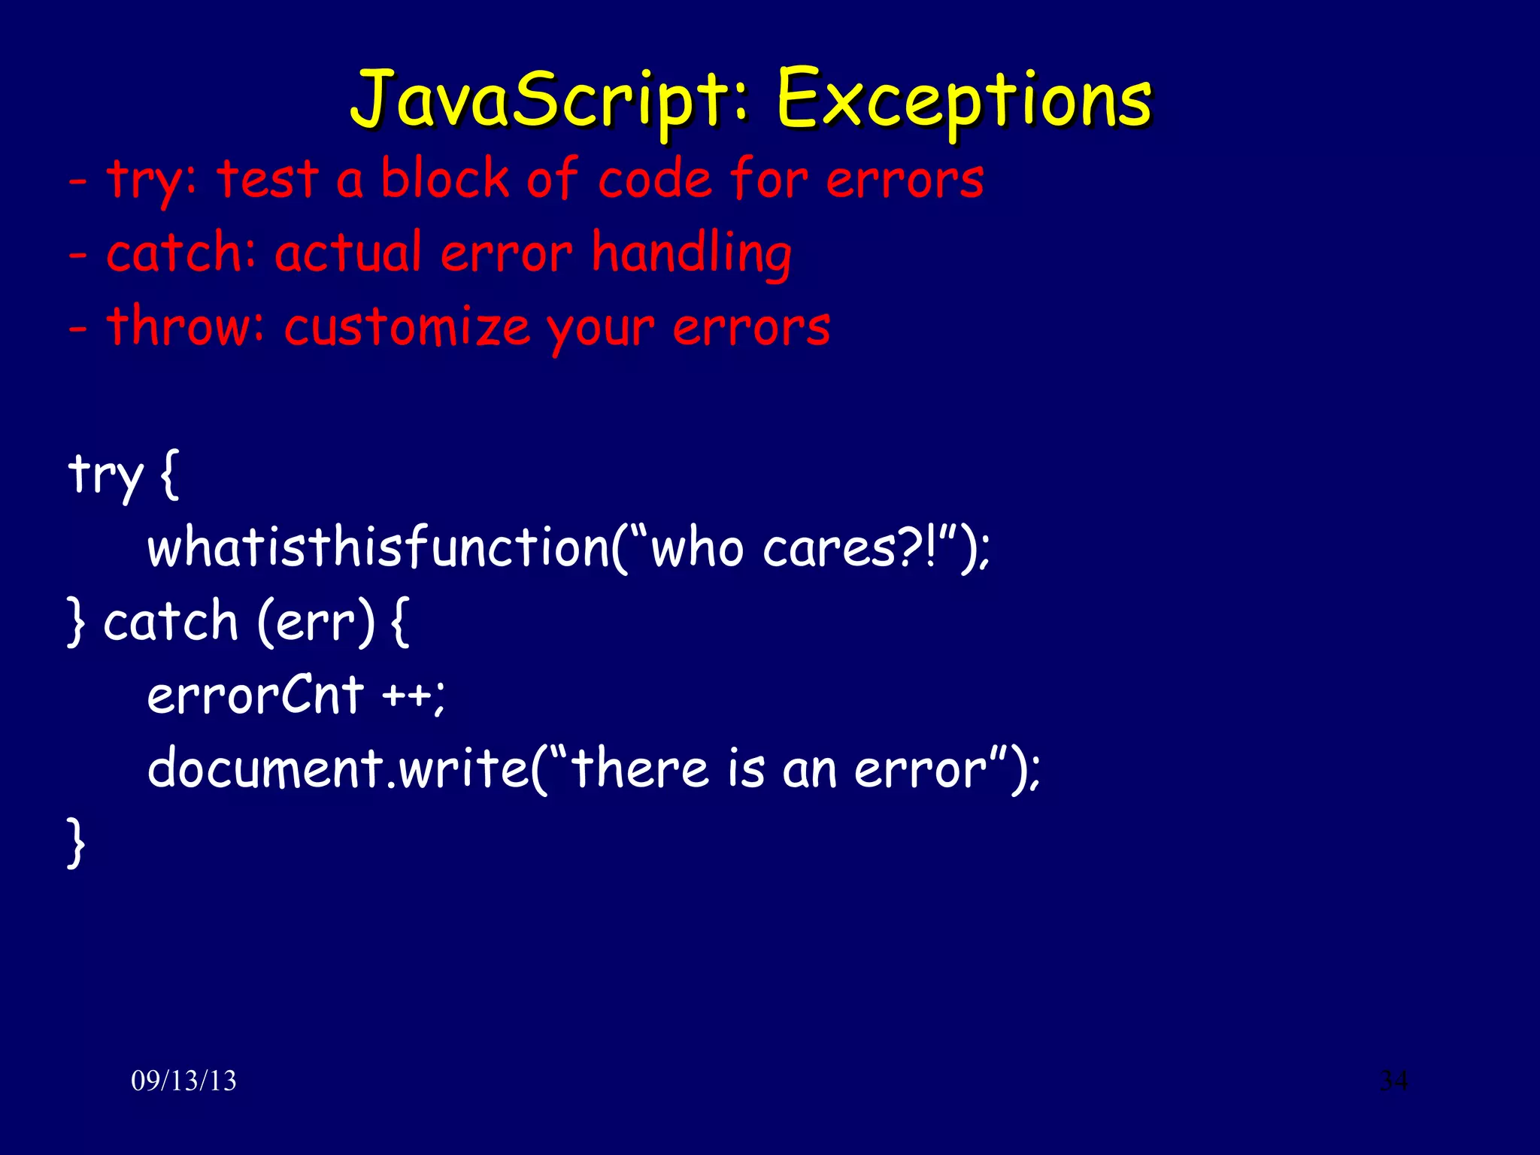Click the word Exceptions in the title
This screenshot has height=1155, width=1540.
pyautogui.click(x=964, y=99)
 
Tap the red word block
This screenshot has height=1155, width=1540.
pyautogui.click(x=444, y=179)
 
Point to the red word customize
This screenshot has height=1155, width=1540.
pyautogui.click(x=407, y=328)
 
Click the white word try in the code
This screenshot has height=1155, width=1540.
pyautogui.click(x=105, y=474)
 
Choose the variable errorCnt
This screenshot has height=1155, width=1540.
pyautogui.click(x=256, y=695)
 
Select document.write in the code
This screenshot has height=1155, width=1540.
pyautogui.click(x=338, y=768)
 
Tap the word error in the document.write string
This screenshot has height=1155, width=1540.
pyautogui.click(x=920, y=768)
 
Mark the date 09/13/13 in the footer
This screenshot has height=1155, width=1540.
pyautogui.click(x=183, y=1081)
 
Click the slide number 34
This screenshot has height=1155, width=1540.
pyautogui.click(x=1393, y=1081)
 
